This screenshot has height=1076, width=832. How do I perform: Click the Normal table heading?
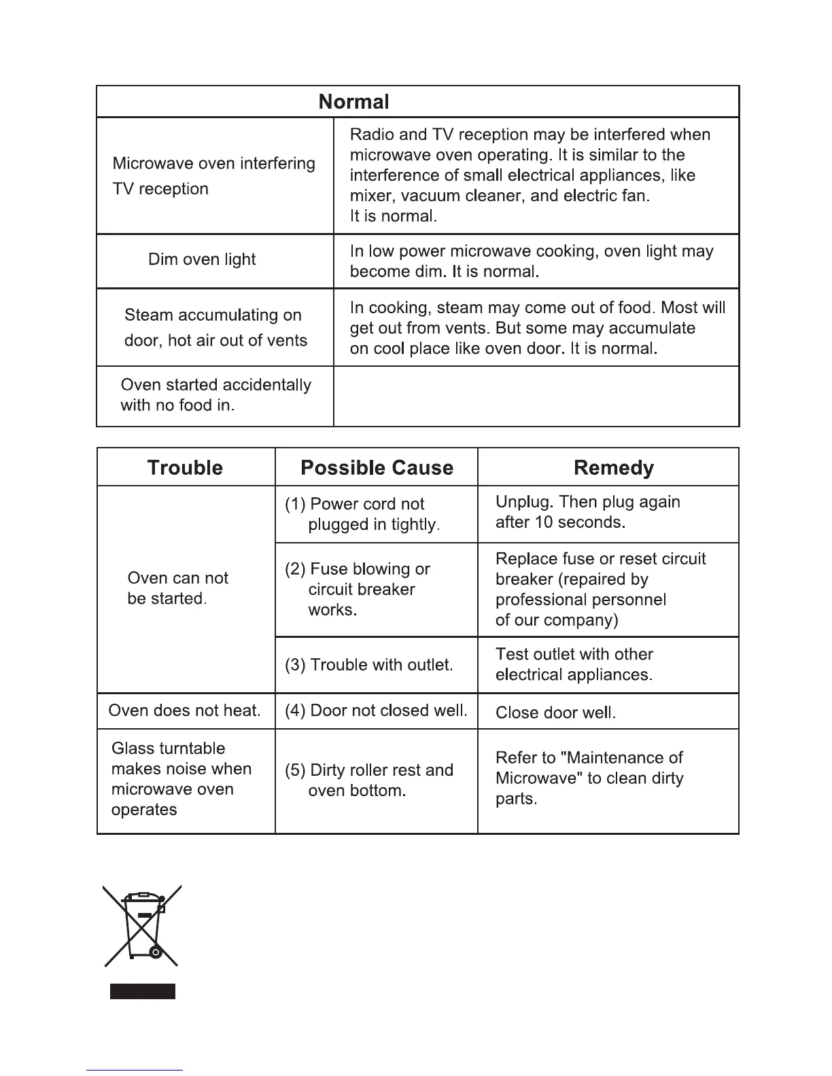click(353, 102)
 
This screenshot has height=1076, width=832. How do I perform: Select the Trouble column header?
click(185, 467)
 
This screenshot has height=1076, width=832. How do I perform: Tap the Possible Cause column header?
click(377, 467)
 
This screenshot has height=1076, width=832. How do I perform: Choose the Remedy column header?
click(614, 467)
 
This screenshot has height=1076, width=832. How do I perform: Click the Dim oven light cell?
click(202, 259)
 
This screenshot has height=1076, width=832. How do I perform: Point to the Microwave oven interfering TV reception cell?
click(213, 176)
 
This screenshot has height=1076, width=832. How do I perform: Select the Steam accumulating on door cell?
click(215, 327)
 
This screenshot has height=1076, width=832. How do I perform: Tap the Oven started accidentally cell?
click(215, 395)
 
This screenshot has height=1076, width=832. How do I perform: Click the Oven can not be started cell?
click(177, 588)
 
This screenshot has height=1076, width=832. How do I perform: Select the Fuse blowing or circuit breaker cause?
click(358, 589)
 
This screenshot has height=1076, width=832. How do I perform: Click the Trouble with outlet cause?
click(369, 665)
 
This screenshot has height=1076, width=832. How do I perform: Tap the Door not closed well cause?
click(376, 711)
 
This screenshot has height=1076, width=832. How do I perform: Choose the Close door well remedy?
click(555, 713)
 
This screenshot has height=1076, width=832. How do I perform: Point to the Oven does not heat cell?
click(184, 711)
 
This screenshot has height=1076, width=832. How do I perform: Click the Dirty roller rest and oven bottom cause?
click(369, 781)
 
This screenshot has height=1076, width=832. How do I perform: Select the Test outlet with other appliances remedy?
click(574, 664)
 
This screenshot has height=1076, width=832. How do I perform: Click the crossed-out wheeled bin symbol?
click(142, 925)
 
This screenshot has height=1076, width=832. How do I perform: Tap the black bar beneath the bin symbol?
click(143, 991)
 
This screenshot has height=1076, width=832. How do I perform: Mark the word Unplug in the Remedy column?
click(524, 502)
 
